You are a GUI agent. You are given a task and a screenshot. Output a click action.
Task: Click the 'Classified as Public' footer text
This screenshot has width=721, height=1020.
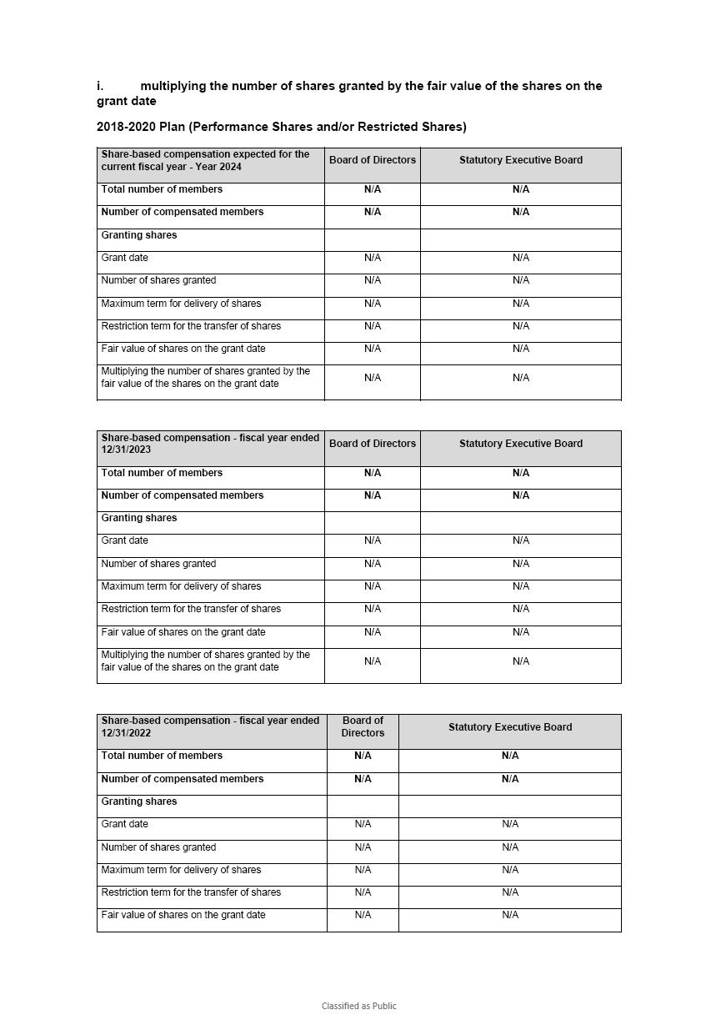[359, 1006]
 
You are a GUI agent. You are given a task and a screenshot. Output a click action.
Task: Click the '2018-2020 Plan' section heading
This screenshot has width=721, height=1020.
[281, 127]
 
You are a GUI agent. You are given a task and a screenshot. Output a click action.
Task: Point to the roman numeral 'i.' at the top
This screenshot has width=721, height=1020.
[100, 86]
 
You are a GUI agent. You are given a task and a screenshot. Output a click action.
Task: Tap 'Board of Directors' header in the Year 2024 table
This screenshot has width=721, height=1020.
[373, 160]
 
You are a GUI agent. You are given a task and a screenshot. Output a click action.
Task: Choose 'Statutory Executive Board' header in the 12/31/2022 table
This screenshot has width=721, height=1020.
[510, 727]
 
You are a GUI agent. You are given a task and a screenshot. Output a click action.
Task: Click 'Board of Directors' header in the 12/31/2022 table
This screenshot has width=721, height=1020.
[363, 726]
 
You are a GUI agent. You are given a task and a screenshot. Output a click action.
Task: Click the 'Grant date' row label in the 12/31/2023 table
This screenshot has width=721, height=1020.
[125, 540]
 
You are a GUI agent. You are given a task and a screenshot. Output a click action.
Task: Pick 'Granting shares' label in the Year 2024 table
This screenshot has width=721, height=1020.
[139, 235]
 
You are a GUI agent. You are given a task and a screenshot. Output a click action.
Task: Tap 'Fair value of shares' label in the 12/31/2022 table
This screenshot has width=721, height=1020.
[183, 915]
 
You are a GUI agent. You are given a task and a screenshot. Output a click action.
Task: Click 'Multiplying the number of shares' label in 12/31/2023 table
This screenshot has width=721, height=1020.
[205, 661]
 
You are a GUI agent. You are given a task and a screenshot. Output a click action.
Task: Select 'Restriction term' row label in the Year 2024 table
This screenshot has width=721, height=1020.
[191, 326]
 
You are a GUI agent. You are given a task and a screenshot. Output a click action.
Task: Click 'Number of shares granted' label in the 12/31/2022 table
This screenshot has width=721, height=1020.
[158, 847]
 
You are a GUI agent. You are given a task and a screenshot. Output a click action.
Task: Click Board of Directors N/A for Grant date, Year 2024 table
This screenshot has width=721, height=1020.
[373, 258]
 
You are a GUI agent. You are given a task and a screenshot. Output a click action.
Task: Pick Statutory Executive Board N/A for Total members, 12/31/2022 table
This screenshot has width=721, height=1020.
[510, 756]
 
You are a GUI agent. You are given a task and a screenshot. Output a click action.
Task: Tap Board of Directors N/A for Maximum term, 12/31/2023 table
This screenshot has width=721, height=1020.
[373, 586]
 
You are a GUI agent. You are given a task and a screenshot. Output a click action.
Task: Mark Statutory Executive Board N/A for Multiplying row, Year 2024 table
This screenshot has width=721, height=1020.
[521, 378]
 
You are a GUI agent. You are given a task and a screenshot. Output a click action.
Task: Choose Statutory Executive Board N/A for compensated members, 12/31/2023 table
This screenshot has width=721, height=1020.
[521, 495]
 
